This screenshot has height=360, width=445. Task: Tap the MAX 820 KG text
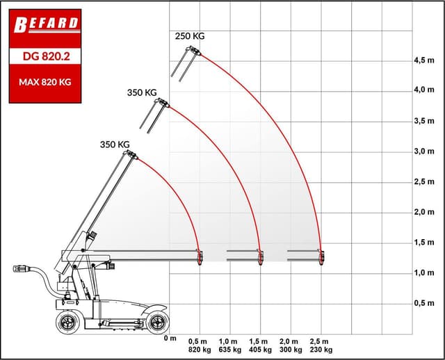coord(45,82)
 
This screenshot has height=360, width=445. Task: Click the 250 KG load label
coord(190,36)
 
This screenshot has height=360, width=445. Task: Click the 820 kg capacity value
coord(199,350)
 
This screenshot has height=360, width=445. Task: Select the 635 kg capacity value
coord(229,350)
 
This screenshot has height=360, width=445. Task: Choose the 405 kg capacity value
coord(259,350)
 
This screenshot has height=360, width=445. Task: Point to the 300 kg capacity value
coord(290,350)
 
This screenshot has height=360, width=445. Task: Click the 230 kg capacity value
coord(320,350)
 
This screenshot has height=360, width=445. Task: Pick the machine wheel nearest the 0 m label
coord(157,321)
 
